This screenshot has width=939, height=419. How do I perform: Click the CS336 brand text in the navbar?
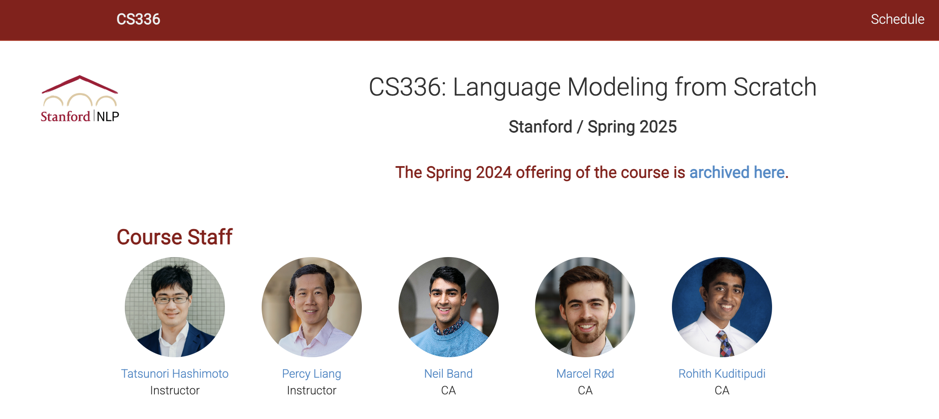click(138, 19)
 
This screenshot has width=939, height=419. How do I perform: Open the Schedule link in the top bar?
click(897, 19)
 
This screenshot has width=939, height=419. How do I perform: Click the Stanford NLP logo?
click(80, 99)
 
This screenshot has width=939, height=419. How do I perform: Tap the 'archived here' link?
click(737, 172)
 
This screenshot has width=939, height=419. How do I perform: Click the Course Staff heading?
click(174, 237)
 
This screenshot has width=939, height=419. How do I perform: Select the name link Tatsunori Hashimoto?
click(175, 374)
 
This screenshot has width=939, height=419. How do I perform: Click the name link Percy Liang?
click(312, 374)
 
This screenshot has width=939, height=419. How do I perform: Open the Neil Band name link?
click(448, 374)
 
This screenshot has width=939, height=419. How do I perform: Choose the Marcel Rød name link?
click(585, 374)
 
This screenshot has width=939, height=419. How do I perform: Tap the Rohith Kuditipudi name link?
click(722, 374)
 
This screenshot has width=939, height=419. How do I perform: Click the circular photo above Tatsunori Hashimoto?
click(175, 307)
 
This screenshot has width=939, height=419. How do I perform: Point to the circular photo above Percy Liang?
click(312, 307)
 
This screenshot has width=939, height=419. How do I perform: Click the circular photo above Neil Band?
click(449, 307)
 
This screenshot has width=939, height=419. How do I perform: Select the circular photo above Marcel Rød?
click(585, 307)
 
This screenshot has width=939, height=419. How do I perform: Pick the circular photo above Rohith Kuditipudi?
click(722, 307)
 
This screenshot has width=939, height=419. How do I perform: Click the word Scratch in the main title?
click(775, 87)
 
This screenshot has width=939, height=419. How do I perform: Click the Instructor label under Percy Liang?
click(312, 390)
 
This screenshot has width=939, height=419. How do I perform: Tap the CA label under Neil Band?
click(449, 390)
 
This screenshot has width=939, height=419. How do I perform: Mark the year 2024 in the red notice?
click(494, 172)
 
